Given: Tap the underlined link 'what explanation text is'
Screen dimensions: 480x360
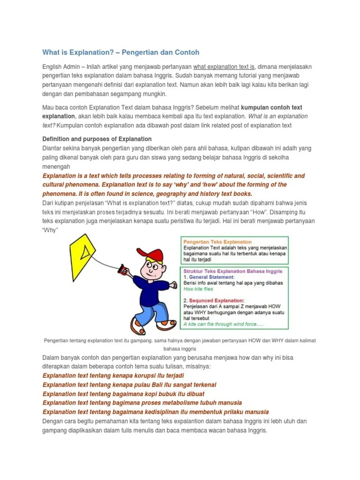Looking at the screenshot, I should [224, 67].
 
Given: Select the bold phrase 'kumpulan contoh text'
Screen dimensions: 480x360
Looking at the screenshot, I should [275, 107].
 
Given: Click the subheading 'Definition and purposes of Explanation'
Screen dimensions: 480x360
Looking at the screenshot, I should [97, 139].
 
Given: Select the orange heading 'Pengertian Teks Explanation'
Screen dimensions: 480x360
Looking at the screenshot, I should [217, 242].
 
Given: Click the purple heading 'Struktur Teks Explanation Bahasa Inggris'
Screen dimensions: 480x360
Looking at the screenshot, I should [232, 271].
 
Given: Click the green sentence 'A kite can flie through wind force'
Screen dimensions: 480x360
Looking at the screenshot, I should [224, 324].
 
